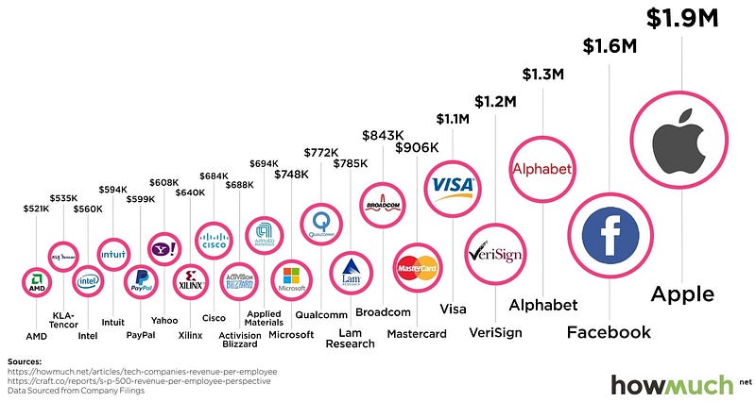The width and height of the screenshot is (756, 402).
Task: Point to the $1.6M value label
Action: point(608,45)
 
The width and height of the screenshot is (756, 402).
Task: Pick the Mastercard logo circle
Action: point(416,268)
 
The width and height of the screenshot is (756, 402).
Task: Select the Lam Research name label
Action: point(351,337)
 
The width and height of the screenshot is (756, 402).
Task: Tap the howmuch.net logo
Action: point(674,384)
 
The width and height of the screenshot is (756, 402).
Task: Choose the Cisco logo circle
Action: point(214,240)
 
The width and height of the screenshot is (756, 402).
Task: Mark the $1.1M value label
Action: point(453,119)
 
